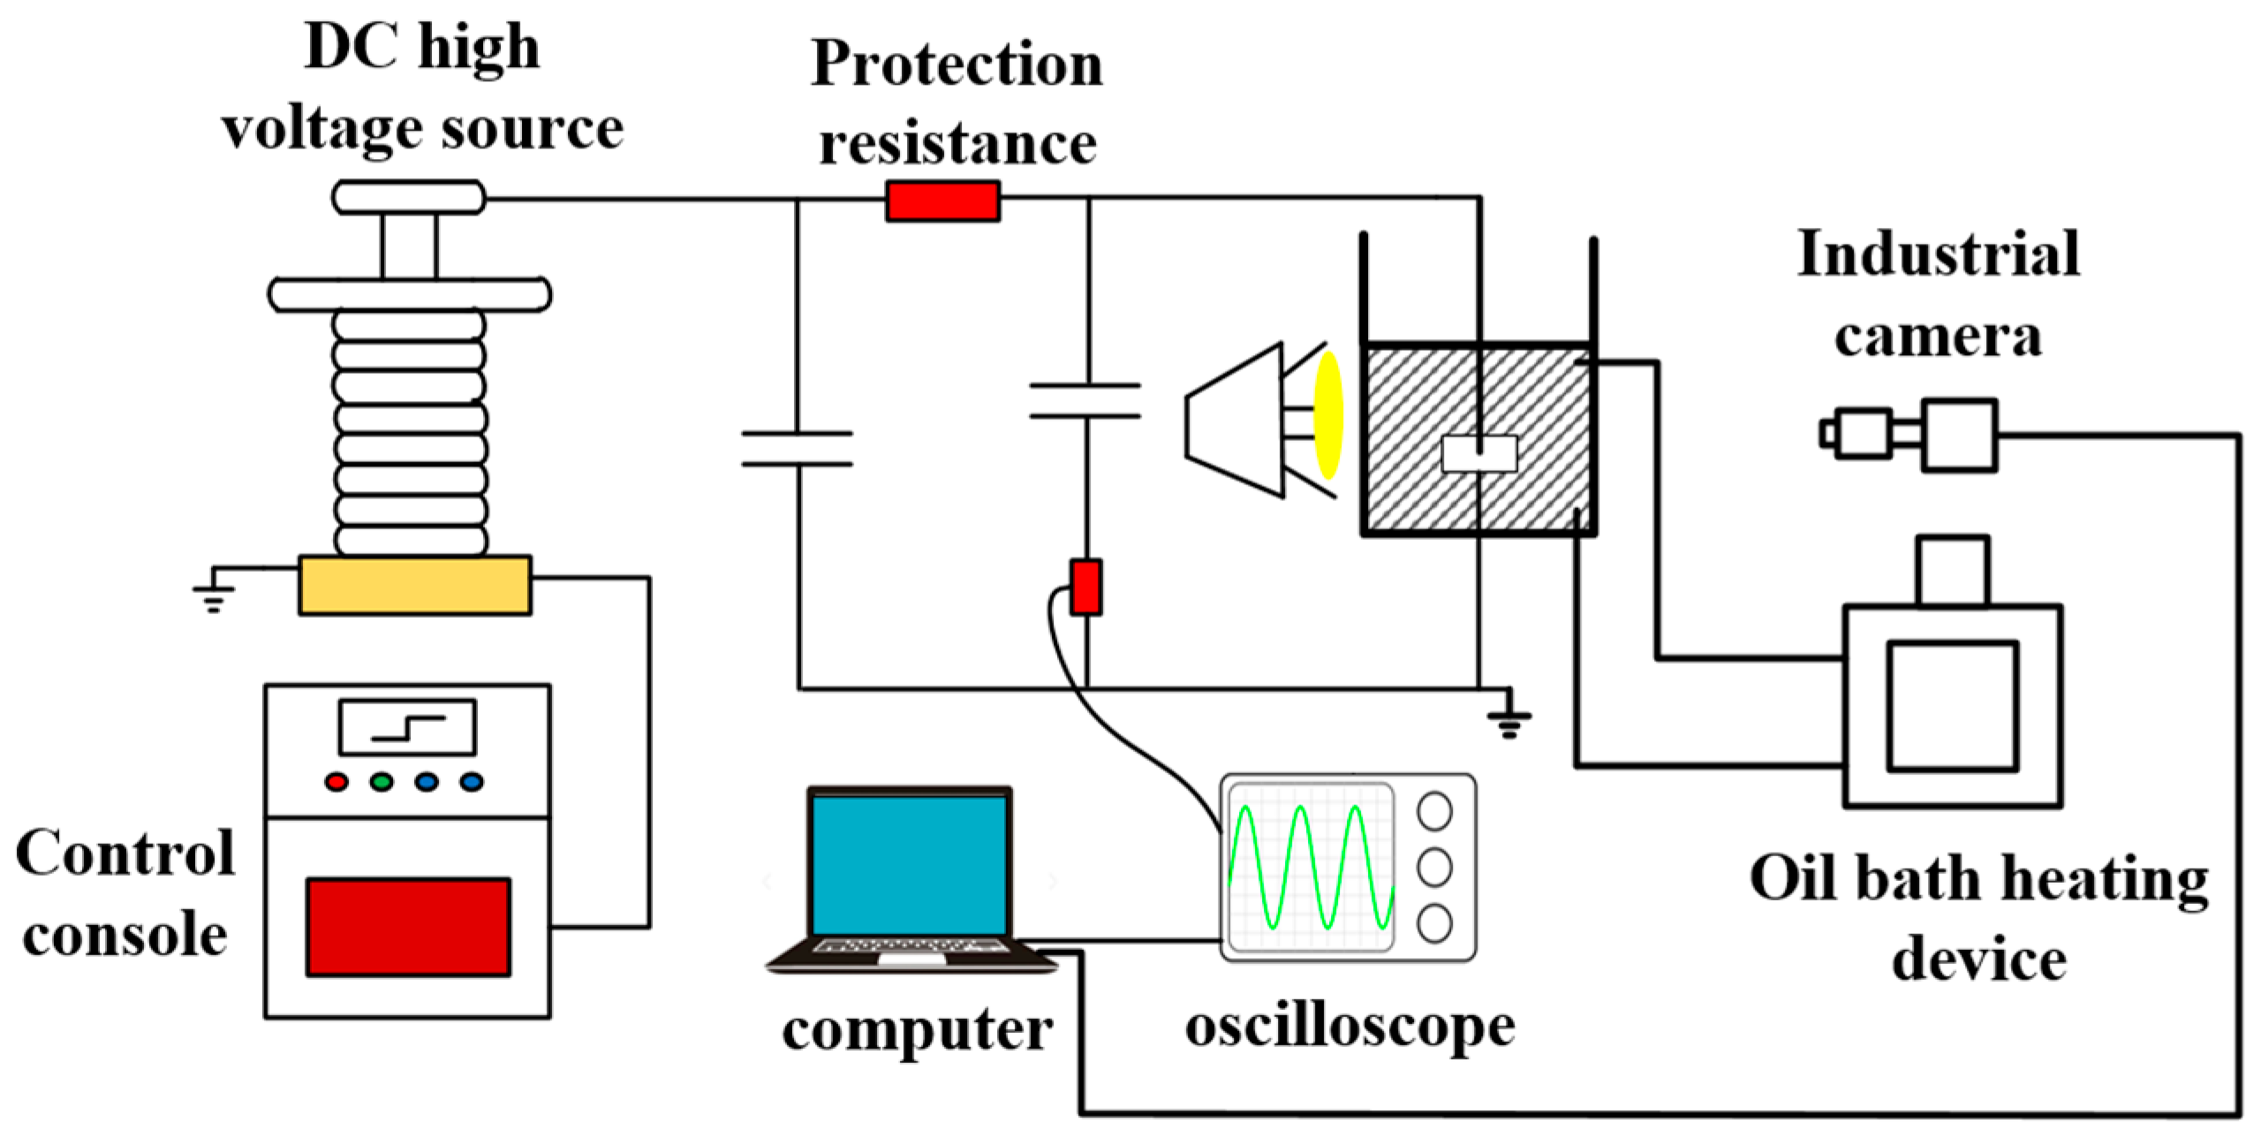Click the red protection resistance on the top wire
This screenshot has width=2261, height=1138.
pos(942,201)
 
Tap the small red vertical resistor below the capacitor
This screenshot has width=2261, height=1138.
pos(1085,587)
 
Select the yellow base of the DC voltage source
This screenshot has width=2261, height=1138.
pos(414,585)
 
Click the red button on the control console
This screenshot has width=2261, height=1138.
pos(337,782)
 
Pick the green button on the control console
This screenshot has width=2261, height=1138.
pos(382,782)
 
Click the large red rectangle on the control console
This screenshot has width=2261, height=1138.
pos(408,927)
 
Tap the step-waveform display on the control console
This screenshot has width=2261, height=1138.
pos(407,727)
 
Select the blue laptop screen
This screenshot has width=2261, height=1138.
pos(910,865)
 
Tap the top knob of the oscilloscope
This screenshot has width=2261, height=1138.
pos(1434,811)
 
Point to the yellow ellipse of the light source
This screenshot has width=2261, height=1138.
pos(1328,415)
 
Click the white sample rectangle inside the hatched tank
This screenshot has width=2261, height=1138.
pos(1479,455)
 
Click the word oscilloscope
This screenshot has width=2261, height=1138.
pos(1350,1027)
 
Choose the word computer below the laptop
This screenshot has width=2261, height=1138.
pos(917,1030)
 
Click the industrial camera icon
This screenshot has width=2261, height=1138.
pos(1909,435)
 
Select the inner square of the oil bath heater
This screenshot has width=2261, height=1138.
pos(1953,706)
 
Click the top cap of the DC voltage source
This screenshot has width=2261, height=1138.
pos(408,197)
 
